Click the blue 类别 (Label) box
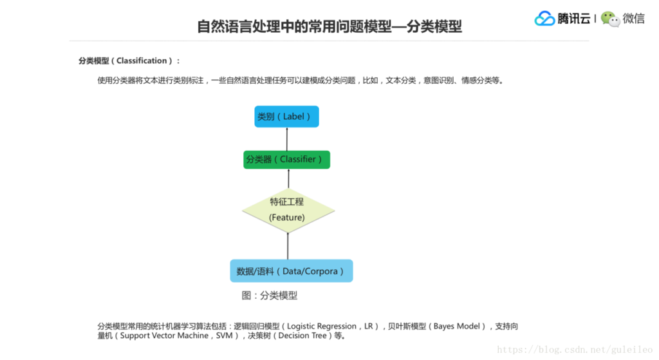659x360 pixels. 286,117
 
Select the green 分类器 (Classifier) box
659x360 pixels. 286,159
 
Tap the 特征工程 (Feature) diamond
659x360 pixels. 288,210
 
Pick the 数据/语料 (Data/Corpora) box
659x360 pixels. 291,271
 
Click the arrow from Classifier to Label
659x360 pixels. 287,138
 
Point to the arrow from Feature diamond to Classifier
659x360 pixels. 288,178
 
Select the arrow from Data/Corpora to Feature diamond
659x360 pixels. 288,245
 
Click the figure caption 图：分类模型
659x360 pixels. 270,296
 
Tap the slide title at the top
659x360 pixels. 329,26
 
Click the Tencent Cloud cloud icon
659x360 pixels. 544,19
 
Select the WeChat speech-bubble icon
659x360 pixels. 610,19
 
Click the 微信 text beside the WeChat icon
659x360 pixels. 634,19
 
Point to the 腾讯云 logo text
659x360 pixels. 574,19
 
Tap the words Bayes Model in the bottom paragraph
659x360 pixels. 457,327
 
